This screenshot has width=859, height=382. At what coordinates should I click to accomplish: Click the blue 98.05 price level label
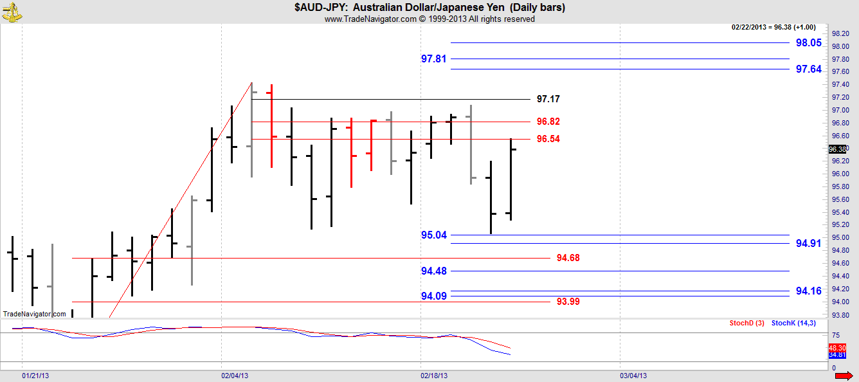[808, 43]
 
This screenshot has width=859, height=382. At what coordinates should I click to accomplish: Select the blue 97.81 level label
[433, 59]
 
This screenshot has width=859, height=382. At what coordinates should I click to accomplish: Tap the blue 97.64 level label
[808, 69]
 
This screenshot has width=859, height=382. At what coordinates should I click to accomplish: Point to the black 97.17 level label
[548, 99]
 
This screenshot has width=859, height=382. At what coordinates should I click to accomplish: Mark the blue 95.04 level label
[433, 235]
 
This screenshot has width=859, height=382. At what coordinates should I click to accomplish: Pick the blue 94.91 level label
[808, 243]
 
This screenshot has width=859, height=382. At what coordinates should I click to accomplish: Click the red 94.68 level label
[568, 258]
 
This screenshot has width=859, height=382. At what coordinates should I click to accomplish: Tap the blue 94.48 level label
[433, 271]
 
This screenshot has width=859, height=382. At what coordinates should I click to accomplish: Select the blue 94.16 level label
[808, 291]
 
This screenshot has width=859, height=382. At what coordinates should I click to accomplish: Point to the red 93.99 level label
[568, 301]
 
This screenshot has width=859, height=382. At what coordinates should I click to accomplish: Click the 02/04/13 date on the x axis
[235, 375]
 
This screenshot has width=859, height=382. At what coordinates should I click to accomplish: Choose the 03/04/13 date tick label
[633, 375]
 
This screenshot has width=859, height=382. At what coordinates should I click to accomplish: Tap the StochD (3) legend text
[746, 322]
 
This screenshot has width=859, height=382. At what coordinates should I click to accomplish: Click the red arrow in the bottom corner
[844, 376]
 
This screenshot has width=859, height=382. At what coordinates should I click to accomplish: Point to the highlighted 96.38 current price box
[837, 149]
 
